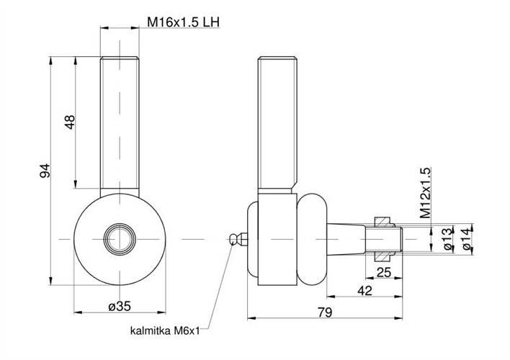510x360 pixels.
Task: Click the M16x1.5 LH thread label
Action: (183, 22)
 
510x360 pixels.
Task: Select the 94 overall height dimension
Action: (45, 171)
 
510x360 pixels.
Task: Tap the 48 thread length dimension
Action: (70, 123)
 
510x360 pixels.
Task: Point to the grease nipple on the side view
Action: (236, 238)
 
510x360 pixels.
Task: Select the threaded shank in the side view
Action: (277, 122)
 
